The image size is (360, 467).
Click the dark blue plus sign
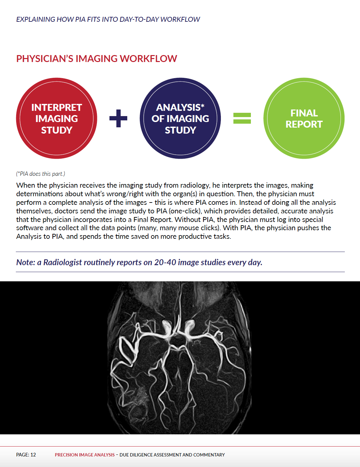[x=118, y=118]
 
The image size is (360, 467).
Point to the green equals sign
[x=242, y=118]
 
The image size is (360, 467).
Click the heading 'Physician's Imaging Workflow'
[x=97, y=59]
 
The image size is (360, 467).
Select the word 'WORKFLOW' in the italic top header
[x=180, y=19]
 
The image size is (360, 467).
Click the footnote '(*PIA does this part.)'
[x=41, y=174]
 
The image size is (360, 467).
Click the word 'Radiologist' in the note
[x=63, y=262]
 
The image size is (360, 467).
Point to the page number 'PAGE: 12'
[x=26, y=455]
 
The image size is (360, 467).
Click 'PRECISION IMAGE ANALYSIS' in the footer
[x=85, y=455]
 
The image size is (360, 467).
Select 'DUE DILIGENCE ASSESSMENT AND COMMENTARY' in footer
[x=172, y=455]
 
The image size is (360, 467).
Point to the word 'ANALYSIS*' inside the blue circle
[x=180, y=108]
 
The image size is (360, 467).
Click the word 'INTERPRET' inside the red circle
[x=56, y=108]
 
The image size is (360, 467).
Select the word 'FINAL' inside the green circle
[x=304, y=113]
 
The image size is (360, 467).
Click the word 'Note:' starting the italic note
[x=25, y=262]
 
